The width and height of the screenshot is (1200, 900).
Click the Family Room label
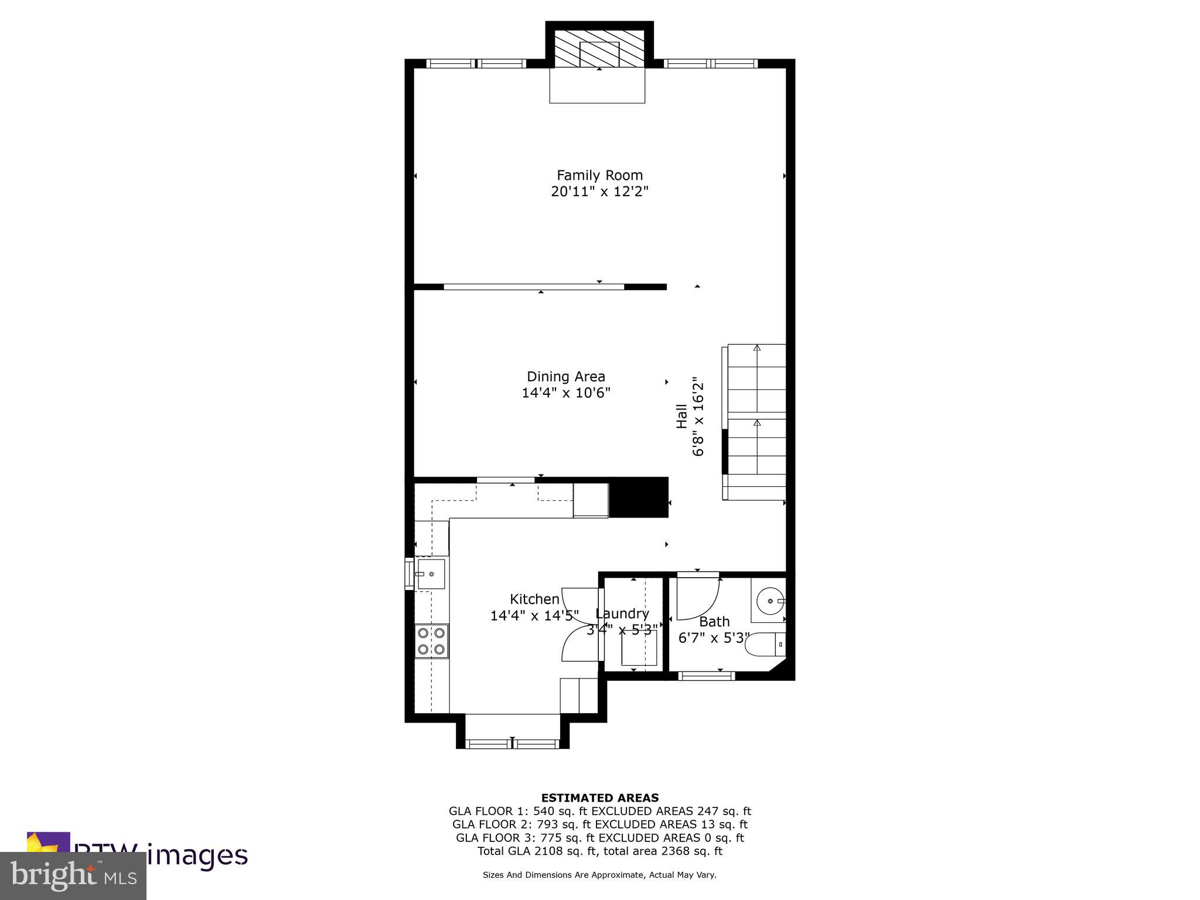599,175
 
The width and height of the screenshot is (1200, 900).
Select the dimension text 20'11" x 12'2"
599,192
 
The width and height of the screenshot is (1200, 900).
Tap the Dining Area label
565,377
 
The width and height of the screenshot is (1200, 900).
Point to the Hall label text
682,417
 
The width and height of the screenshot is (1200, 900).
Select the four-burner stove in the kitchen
431,641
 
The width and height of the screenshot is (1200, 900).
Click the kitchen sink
431,574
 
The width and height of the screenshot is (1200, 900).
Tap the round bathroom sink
769,601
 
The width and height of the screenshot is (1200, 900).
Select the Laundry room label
622,613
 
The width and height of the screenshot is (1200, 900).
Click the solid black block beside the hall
639,497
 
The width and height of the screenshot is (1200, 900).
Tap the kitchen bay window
513,744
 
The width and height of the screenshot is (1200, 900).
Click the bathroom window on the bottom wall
706,676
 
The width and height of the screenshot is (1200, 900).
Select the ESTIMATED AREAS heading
599,797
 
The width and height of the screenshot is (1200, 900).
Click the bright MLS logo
73,875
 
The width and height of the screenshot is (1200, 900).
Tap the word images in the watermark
197,855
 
